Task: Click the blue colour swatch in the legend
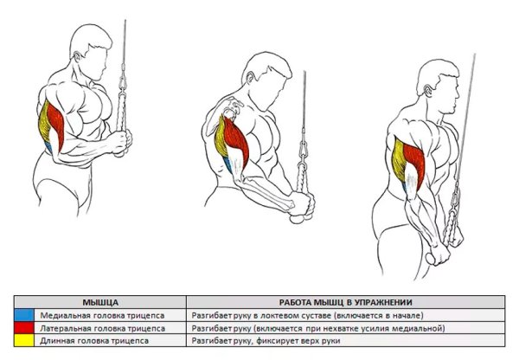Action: pos(24,315)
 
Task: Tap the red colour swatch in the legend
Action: pos(24,328)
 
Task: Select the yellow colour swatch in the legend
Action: pos(24,340)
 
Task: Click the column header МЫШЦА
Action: pos(100,302)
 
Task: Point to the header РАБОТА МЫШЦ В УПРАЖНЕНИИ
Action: pos(345,302)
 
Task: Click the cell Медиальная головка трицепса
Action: pos(102,316)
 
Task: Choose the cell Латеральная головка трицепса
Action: pos(103,329)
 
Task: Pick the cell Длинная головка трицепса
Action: pos(94,341)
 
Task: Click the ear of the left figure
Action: pos(78,56)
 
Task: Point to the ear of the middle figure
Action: pos(250,77)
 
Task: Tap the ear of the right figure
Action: pos(428,90)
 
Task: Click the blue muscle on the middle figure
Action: pos(227,165)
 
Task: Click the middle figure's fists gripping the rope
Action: pos(302,208)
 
